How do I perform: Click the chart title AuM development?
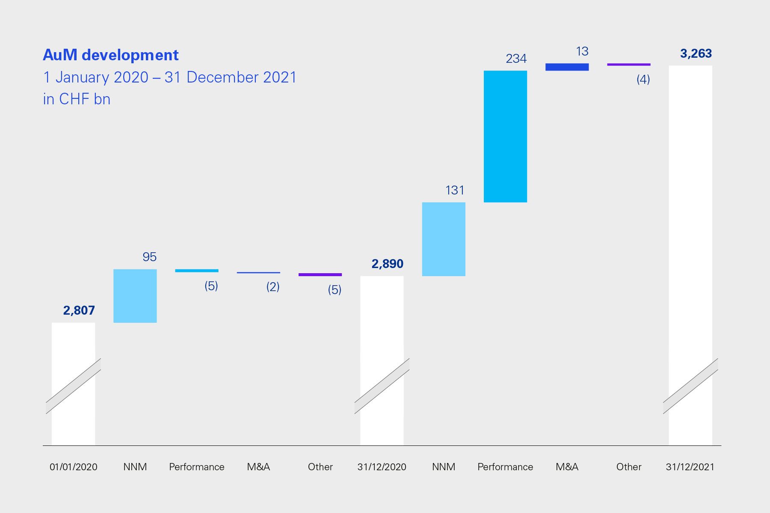click(x=111, y=55)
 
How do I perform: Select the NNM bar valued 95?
click(x=135, y=296)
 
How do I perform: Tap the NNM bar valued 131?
click(x=444, y=239)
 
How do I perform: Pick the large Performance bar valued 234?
click(x=505, y=136)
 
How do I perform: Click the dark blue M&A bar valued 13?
click(x=567, y=67)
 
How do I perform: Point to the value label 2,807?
click(x=79, y=310)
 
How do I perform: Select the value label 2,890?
click(x=387, y=264)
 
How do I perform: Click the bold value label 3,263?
click(x=696, y=53)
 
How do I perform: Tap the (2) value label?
click(x=273, y=286)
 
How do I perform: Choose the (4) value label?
click(x=643, y=79)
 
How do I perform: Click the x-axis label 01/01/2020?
click(x=74, y=467)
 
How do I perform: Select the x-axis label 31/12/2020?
click(x=382, y=467)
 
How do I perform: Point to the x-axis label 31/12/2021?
click(x=690, y=467)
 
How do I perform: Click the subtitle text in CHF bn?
click(x=77, y=99)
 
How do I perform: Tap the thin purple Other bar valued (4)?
click(x=628, y=65)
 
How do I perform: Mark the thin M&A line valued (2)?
click(x=258, y=273)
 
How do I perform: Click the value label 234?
click(x=516, y=59)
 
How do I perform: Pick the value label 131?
click(x=454, y=190)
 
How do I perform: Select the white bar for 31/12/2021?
click(x=690, y=214)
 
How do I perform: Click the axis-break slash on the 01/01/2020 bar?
click(x=74, y=386)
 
